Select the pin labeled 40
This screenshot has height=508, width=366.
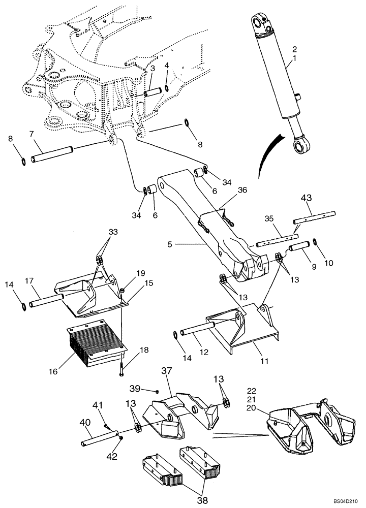(100, 438)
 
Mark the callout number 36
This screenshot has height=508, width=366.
(242, 190)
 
